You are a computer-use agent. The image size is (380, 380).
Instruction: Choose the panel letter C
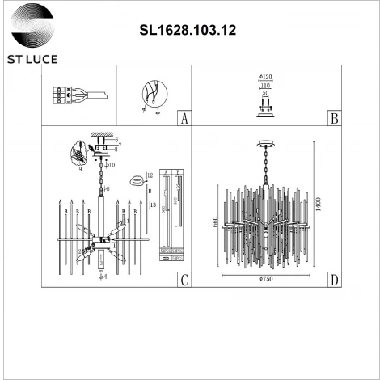(184, 281)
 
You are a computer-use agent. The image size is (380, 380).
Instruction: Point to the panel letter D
(334, 281)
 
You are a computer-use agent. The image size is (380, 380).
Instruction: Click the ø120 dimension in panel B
(265, 78)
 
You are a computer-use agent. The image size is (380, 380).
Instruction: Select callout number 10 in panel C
(112, 165)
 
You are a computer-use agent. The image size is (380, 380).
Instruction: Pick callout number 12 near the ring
(150, 175)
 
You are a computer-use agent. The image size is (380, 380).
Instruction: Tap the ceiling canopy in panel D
(265, 146)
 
